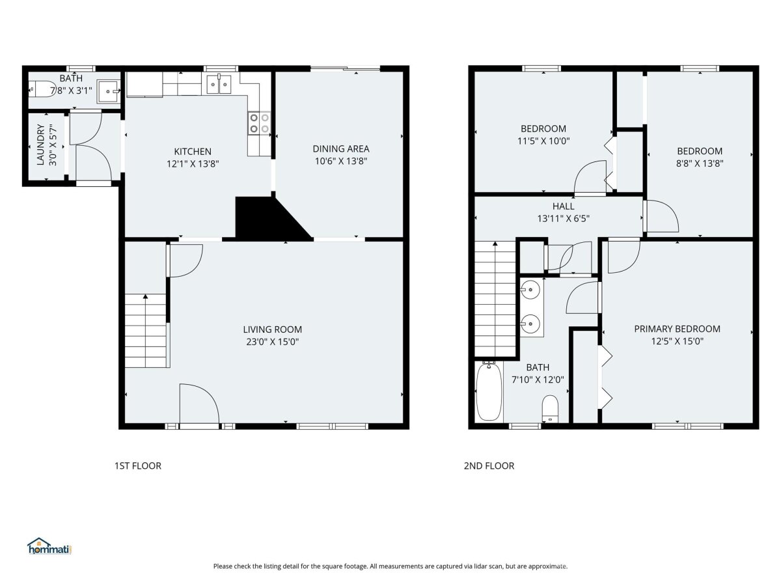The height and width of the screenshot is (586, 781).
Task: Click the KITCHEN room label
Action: point(193,152)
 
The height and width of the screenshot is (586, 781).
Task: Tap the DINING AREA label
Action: point(341,148)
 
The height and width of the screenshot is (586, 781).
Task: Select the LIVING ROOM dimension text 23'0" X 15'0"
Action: point(273,342)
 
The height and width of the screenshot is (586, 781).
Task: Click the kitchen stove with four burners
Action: point(260,123)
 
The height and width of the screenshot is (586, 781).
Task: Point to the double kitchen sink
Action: point(219,84)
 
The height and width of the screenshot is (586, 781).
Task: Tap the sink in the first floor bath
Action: point(108,91)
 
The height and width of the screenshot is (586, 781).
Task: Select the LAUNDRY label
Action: point(41,145)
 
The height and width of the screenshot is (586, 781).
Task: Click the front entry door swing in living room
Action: point(199,403)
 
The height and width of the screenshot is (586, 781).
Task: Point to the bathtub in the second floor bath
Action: point(489,391)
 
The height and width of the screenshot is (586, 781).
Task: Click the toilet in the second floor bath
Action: point(550,408)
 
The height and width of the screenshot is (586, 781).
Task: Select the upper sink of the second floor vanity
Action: point(530,289)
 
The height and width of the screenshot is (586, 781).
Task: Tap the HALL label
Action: point(563,206)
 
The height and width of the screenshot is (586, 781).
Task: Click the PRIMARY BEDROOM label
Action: point(677,329)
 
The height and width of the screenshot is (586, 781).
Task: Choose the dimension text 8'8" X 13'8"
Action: point(700,163)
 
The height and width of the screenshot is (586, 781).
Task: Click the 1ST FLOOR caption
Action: point(138,466)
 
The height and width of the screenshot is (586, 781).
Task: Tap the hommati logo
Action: point(50,546)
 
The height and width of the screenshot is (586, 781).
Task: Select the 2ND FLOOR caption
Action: point(489,466)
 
